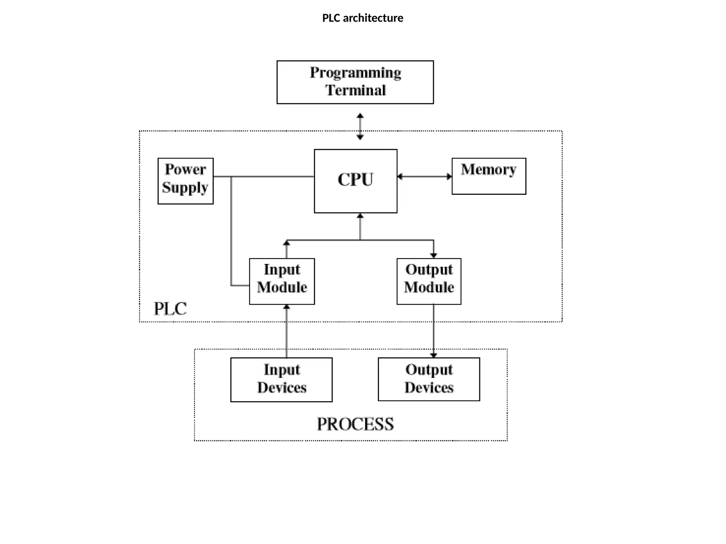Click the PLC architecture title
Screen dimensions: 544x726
click(x=362, y=18)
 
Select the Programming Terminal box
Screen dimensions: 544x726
click(x=355, y=82)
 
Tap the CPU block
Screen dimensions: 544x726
click(x=355, y=181)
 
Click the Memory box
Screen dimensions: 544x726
click(x=488, y=176)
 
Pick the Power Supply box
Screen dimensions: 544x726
click(x=185, y=181)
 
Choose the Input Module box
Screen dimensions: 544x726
click(x=282, y=281)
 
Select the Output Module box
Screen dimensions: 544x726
click(x=429, y=281)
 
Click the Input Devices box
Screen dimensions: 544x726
click(x=281, y=380)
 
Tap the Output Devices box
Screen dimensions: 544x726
click(x=429, y=379)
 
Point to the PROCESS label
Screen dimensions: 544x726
click(x=355, y=424)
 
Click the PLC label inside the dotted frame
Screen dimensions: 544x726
click(x=170, y=309)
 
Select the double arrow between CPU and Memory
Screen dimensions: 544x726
click(x=424, y=176)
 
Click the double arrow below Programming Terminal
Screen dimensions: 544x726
click(x=360, y=126)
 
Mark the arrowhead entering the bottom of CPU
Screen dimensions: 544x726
click(x=360, y=216)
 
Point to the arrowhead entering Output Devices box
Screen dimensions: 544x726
click(x=434, y=355)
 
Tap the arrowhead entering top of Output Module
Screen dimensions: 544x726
click(x=434, y=255)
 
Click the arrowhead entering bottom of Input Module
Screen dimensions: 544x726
click(x=286, y=307)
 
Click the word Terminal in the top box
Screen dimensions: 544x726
click(x=356, y=91)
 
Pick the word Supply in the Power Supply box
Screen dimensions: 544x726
click(x=185, y=188)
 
